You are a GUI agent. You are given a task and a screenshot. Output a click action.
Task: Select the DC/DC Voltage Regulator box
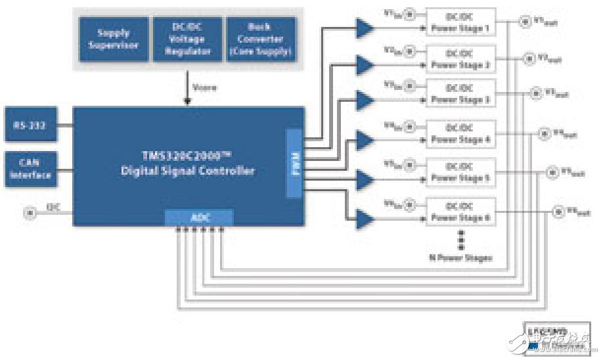click(186, 39)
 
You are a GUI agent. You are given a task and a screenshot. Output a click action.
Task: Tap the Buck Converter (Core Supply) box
click(260, 39)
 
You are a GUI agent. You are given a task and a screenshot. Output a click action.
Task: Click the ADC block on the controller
click(198, 217)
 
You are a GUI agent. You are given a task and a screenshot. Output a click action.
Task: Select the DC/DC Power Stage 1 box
click(460, 22)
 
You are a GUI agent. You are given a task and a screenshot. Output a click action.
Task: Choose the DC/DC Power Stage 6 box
click(460, 211)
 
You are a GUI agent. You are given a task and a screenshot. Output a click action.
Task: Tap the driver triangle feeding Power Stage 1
click(365, 28)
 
